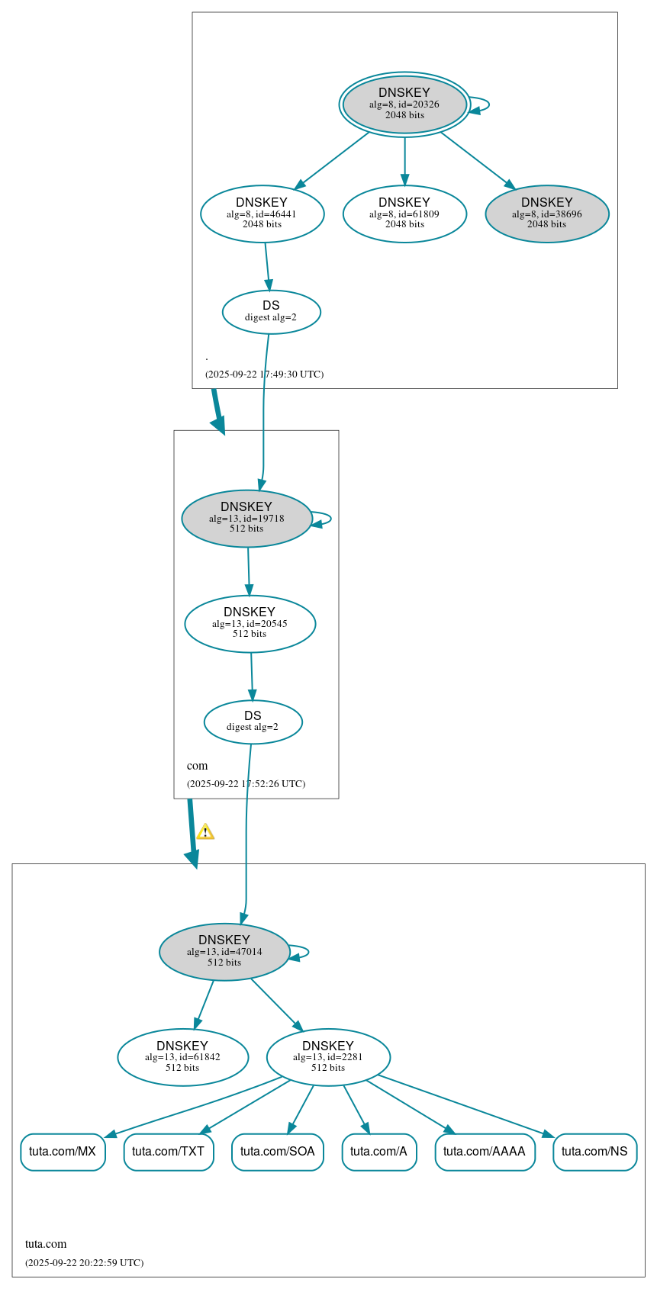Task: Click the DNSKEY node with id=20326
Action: (x=404, y=104)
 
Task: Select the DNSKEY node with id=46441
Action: (x=262, y=214)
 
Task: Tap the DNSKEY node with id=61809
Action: (x=404, y=214)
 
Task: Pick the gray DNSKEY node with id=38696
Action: (x=547, y=214)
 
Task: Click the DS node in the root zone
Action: (x=271, y=311)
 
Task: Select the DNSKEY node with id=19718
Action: (x=246, y=518)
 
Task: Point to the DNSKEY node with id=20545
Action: (x=250, y=623)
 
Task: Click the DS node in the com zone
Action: (x=253, y=722)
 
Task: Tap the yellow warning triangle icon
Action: (x=205, y=832)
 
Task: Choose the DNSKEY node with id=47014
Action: (x=224, y=951)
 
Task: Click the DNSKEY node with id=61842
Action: (x=182, y=1057)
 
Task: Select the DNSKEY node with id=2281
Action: (x=328, y=1057)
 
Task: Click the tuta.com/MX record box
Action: (x=63, y=1152)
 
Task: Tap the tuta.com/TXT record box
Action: (x=169, y=1152)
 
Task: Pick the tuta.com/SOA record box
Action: (x=278, y=1152)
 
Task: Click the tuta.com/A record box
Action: (x=378, y=1152)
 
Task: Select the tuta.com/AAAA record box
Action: (x=485, y=1152)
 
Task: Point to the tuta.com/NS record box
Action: (x=594, y=1152)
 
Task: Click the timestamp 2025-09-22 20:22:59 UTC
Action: (x=84, y=1263)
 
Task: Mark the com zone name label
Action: (x=197, y=766)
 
